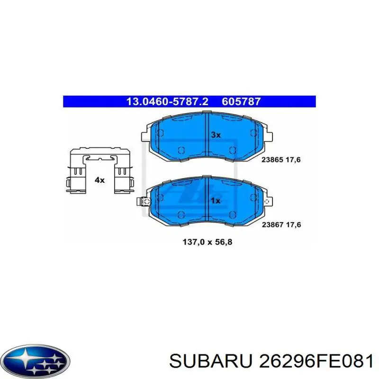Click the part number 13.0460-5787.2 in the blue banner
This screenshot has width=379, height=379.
pos(162,101)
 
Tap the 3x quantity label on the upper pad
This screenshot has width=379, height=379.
pos(216,135)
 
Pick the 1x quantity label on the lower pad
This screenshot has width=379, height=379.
pos(216,201)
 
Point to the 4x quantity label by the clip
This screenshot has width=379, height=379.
pos(99,180)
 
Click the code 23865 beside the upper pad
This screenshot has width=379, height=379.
pos(272,160)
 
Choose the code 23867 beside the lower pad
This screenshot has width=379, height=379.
pos(272,226)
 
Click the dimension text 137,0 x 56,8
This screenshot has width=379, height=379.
pos(207,242)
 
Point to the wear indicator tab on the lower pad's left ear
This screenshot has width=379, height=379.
pos(141,202)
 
